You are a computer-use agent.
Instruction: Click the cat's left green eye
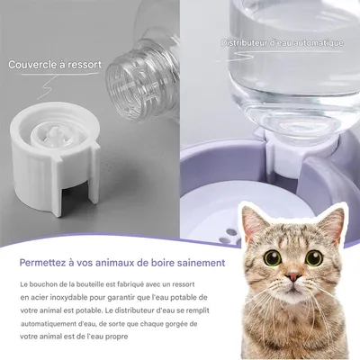coord(273,257)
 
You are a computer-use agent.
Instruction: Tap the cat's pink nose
coord(293,276)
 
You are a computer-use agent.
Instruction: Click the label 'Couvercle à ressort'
coord(55,65)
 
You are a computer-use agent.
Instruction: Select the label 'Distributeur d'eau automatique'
coord(282,43)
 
